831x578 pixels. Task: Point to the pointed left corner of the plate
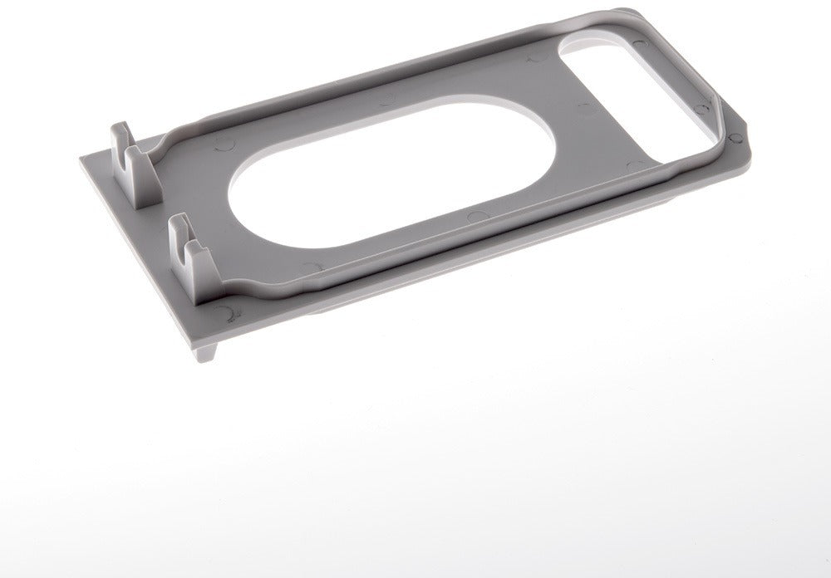pyautogui.click(x=83, y=159)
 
